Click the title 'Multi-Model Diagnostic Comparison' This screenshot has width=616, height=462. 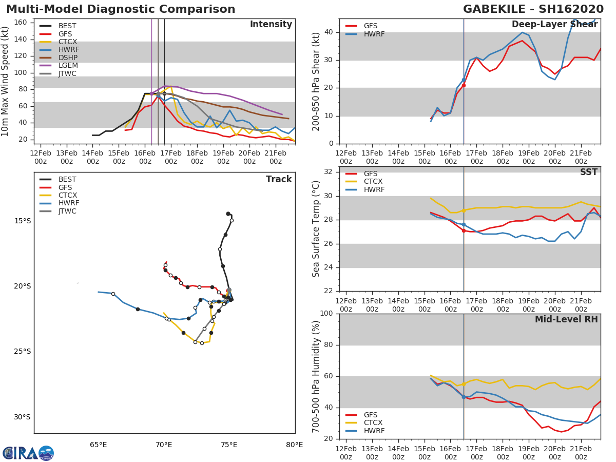121,9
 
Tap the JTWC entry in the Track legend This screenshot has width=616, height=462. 67,211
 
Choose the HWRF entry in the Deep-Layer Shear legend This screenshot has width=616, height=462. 374,34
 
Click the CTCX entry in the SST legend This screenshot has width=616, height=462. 374,182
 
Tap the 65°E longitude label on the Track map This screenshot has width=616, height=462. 99,445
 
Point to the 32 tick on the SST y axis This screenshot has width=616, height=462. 328,172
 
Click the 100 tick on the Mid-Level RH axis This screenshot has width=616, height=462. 326,314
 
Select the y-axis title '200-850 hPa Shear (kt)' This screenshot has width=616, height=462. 316,81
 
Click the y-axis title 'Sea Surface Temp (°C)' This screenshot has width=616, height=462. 316,229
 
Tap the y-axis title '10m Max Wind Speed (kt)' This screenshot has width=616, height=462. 6,81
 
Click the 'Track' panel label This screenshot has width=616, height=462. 279,179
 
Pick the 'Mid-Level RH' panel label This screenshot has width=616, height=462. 566,319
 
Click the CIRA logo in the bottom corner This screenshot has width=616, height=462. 28,453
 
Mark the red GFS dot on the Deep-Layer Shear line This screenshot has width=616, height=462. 464,85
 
